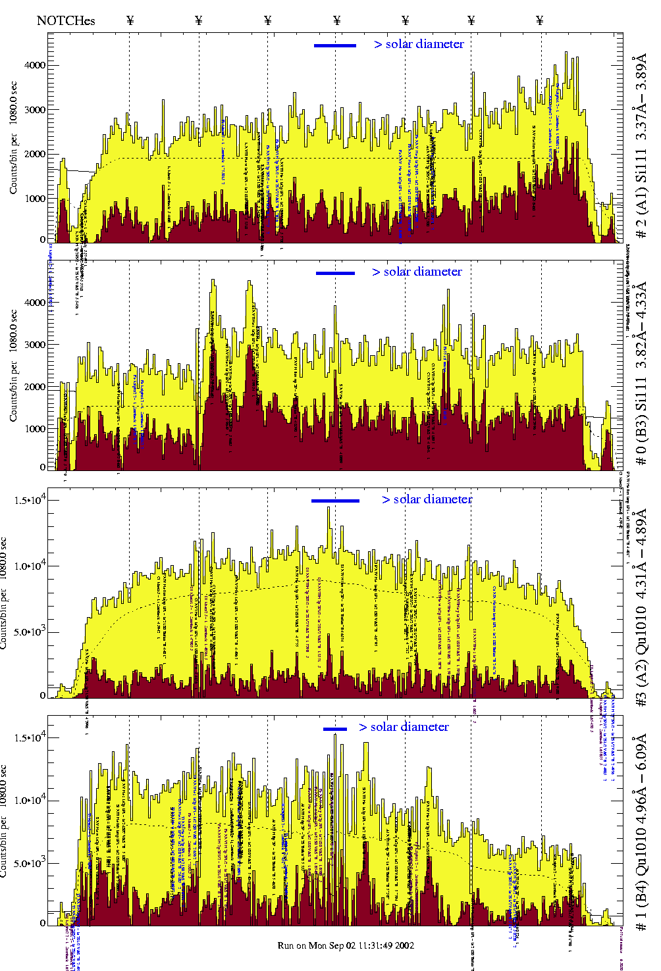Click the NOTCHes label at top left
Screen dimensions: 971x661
(66, 20)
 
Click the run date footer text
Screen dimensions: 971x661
(346, 945)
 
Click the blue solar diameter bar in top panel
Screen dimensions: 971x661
(335, 45)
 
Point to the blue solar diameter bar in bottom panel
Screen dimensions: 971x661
(335, 728)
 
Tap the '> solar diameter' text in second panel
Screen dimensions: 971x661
(417, 272)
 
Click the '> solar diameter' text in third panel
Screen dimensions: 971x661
(427, 499)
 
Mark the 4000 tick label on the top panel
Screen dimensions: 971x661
(35, 65)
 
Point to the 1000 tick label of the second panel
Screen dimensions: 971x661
(35, 429)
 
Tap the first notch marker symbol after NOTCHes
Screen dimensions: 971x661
(130, 20)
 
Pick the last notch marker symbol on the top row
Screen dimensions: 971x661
(540, 20)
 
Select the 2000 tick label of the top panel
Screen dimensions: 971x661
(35, 154)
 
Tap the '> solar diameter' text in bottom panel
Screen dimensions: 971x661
(404, 727)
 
